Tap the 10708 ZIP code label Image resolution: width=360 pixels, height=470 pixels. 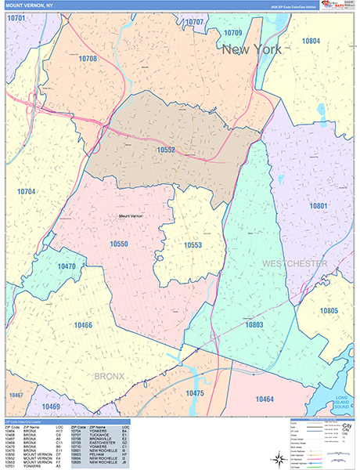(88, 59)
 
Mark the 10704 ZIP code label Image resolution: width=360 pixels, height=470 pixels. (27, 191)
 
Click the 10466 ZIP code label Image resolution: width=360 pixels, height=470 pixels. (83, 324)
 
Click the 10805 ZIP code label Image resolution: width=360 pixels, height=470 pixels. (329, 311)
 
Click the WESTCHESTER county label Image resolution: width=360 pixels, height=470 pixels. (295, 264)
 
